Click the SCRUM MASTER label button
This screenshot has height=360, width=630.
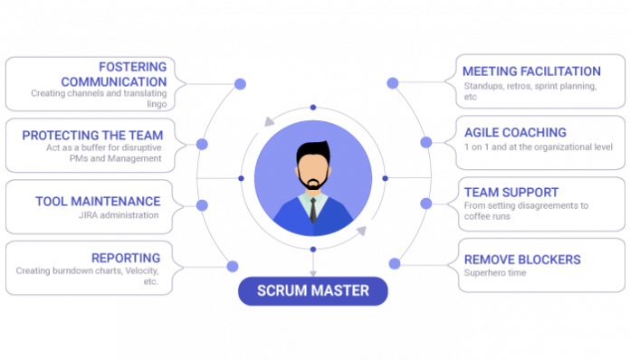tap(313, 291)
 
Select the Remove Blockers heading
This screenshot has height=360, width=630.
tap(521, 260)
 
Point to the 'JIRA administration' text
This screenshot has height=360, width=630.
tap(118, 215)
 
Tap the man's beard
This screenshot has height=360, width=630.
tap(313, 183)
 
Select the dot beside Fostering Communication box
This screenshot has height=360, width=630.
tap(240, 84)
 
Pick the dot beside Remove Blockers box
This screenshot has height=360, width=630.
tap(394, 264)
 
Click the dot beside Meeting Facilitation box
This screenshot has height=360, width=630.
tap(392, 83)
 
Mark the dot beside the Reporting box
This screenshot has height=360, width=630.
tap(233, 266)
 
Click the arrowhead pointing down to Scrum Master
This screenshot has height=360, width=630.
tap(313, 270)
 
